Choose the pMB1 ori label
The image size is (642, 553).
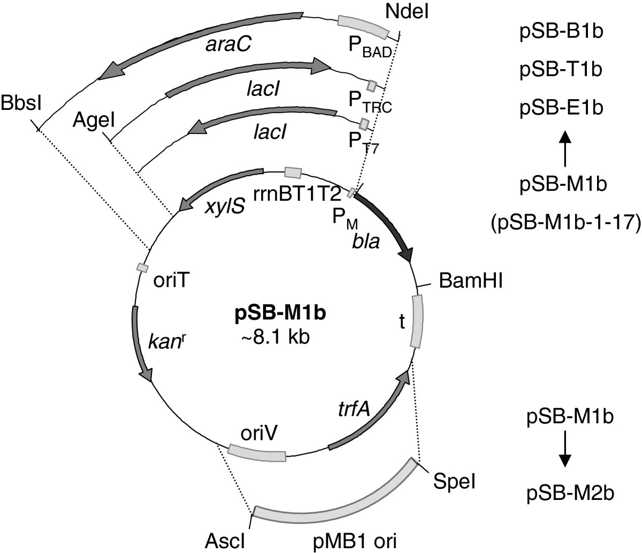(x=348, y=541)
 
